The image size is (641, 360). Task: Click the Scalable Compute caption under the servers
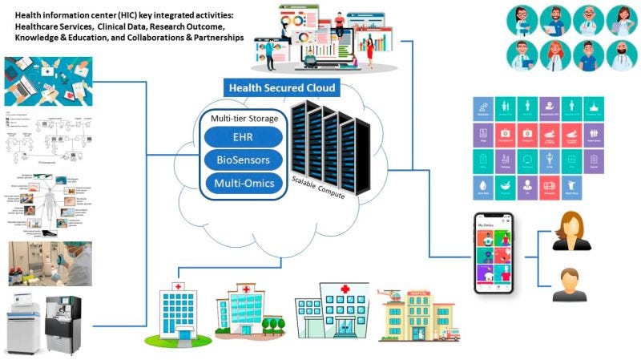point(320,187)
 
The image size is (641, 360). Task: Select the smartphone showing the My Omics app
point(494,253)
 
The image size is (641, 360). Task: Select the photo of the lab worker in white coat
point(47,263)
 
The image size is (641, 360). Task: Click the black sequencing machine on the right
point(65,322)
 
